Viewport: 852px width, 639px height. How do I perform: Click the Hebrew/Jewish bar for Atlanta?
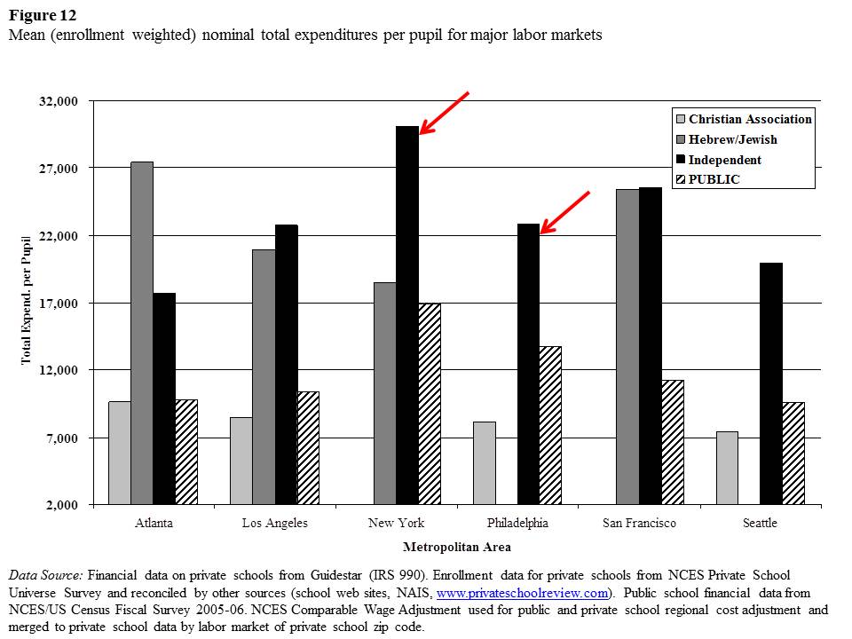pyautogui.click(x=142, y=333)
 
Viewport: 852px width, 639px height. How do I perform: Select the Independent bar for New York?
pyautogui.click(x=407, y=315)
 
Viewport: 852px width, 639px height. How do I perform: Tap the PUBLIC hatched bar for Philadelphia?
pyautogui.click(x=550, y=425)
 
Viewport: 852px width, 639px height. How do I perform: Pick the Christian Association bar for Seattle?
pyautogui.click(x=727, y=468)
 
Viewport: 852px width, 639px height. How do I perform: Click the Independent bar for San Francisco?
pyautogui.click(x=651, y=346)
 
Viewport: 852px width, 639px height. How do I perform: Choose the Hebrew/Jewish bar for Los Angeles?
pyautogui.click(x=264, y=377)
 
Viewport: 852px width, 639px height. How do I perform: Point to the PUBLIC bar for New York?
pyautogui.click(x=430, y=404)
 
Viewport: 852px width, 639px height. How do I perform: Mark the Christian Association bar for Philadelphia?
pyautogui.click(x=485, y=463)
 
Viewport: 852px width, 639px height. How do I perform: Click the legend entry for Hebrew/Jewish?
pyautogui.click(x=732, y=139)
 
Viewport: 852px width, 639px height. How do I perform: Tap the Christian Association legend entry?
pyautogui.click(x=750, y=119)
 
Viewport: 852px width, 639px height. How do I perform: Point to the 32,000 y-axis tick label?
pyautogui.click(x=59, y=101)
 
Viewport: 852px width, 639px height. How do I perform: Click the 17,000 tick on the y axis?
pyautogui.click(x=59, y=304)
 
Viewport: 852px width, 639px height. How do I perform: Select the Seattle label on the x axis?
pyautogui.click(x=760, y=523)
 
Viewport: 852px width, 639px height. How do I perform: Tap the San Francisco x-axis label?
pyautogui.click(x=639, y=523)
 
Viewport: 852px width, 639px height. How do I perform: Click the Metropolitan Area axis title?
pyautogui.click(x=456, y=547)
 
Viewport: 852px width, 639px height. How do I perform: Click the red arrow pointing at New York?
pyautogui.click(x=443, y=113)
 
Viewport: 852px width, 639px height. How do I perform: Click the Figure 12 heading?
pyautogui.click(x=42, y=15)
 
